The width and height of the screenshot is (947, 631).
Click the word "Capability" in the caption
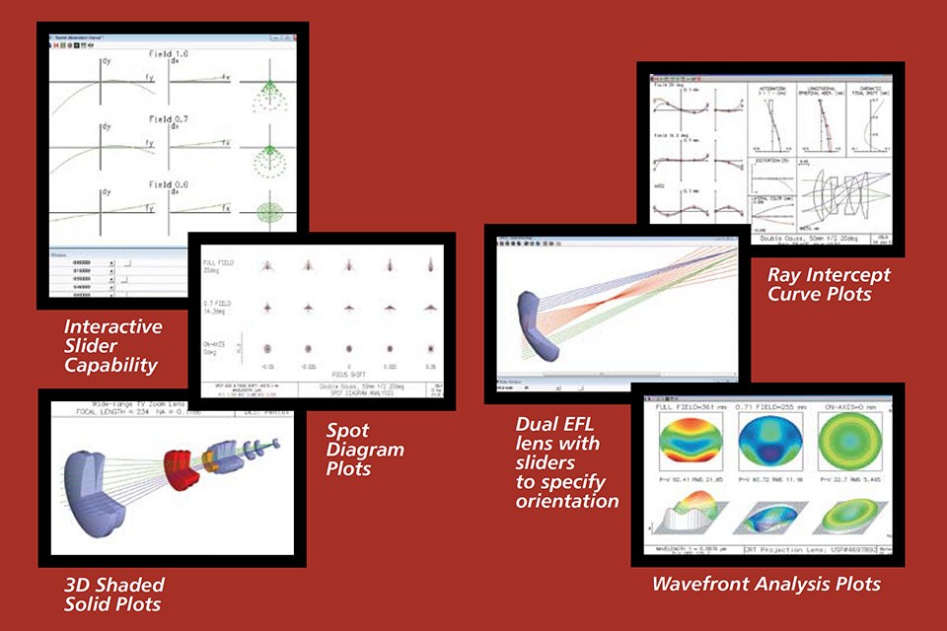(110, 366)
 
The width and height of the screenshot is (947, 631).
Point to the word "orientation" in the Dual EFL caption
(567, 501)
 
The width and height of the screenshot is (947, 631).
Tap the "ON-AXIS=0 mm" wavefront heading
(847, 404)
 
